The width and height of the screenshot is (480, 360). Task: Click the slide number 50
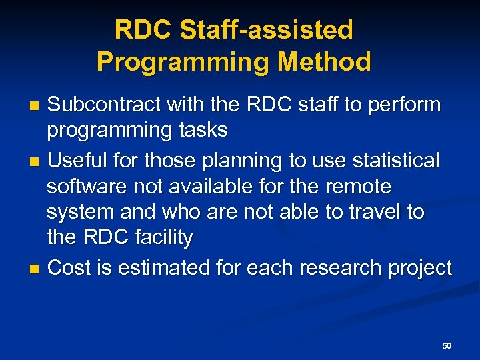pyautogui.click(x=447, y=346)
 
